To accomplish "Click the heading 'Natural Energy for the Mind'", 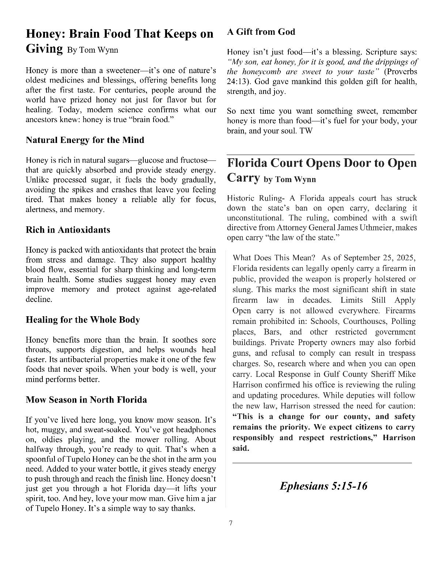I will tap(85, 140).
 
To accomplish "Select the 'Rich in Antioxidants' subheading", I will tap(68, 230).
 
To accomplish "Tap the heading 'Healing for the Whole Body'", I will tap(83, 320).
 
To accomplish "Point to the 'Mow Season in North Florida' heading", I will tap(86, 400).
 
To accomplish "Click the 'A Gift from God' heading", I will tap(261, 32).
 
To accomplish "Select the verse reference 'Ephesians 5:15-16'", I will tap(324, 486).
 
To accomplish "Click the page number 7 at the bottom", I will tap(230, 523).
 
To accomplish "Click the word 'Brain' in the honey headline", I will tap(86, 34).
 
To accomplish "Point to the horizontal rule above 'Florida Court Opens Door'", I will tap(321, 155).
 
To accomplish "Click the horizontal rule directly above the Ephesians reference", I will tap(322, 463).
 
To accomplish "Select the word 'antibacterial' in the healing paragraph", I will tap(69, 360).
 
